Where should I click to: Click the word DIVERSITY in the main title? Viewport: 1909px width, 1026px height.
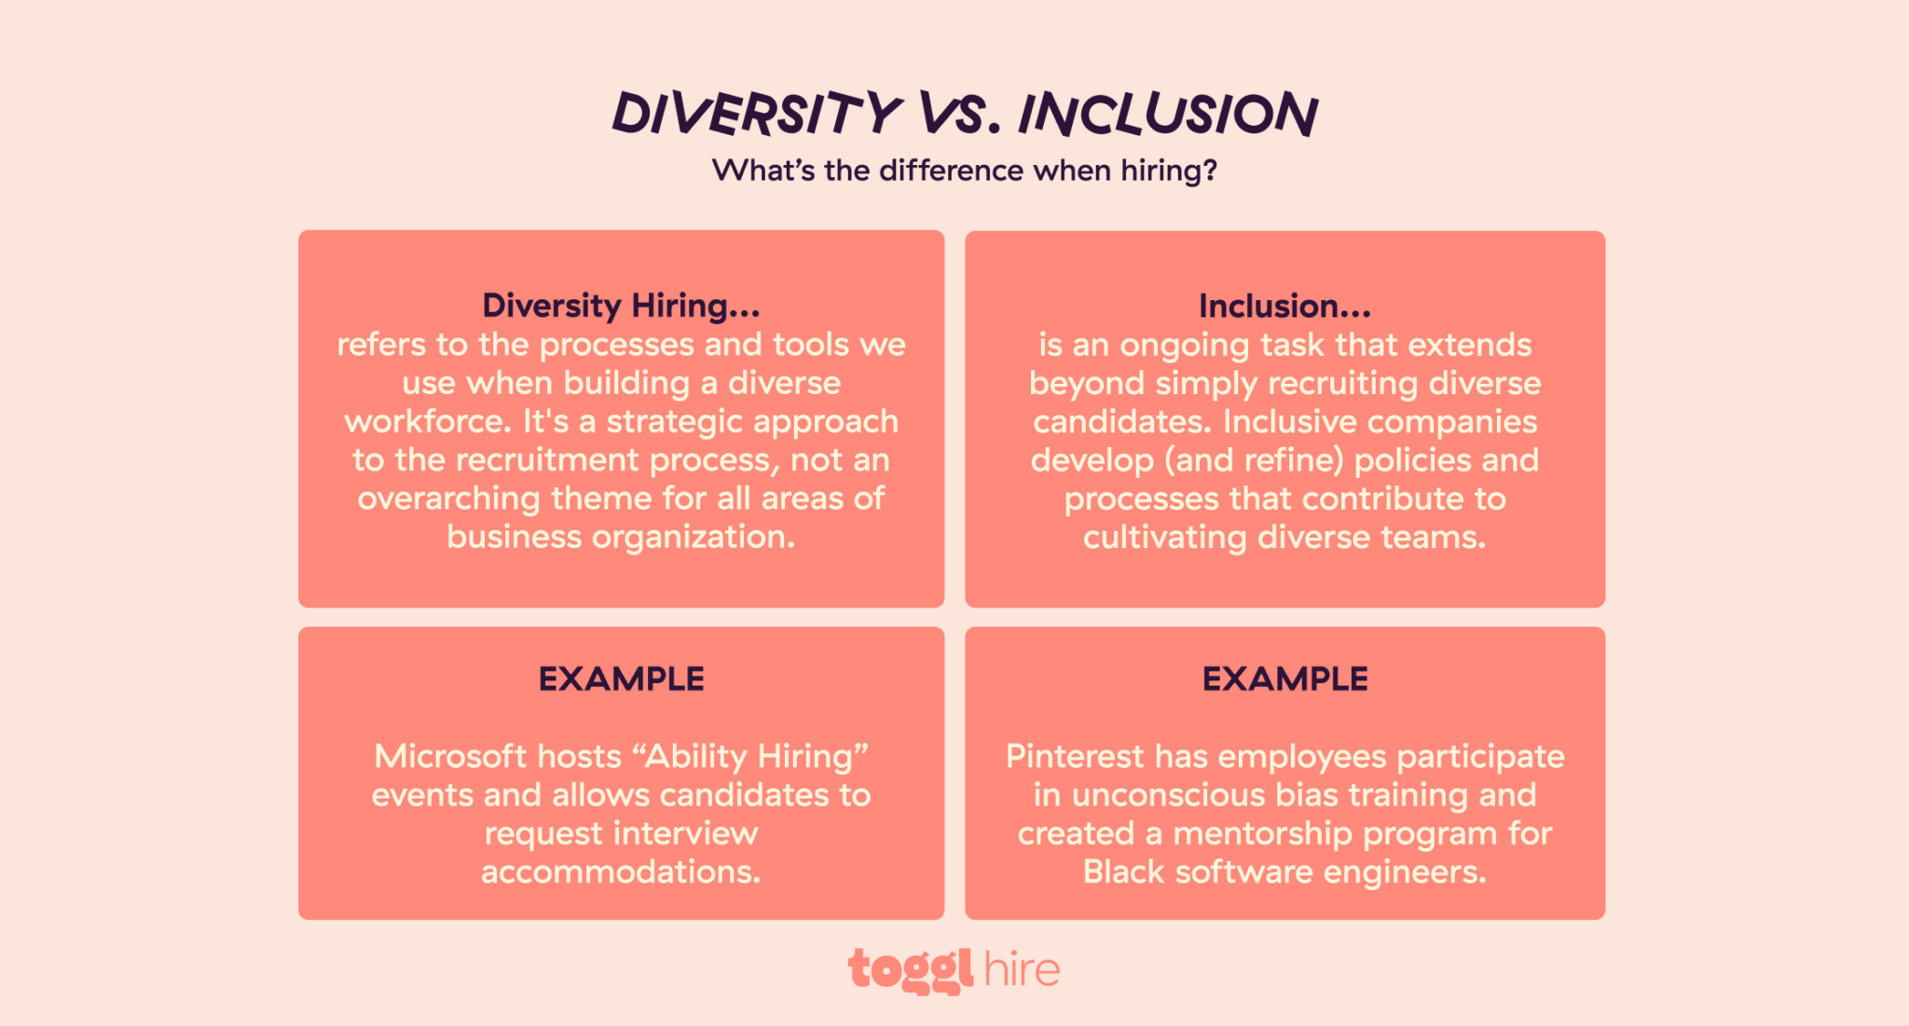tap(756, 114)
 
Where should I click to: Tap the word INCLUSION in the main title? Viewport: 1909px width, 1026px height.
tap(1167, 114)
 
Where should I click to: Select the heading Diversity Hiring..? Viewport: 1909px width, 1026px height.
tap(621, 306)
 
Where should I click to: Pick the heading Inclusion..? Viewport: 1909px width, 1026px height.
tap(1284, 306)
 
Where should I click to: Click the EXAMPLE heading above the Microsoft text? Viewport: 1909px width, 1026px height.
tap(621, 678)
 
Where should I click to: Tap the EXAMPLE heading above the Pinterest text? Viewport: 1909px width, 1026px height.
tap(1284, 678)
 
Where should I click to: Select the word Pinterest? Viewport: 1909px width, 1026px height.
tap(1074, 756)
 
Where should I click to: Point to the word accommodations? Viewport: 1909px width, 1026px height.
tap(621, 871)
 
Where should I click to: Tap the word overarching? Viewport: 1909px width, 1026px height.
tap(448, 499)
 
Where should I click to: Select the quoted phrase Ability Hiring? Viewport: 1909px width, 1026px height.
tap(751, 756)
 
